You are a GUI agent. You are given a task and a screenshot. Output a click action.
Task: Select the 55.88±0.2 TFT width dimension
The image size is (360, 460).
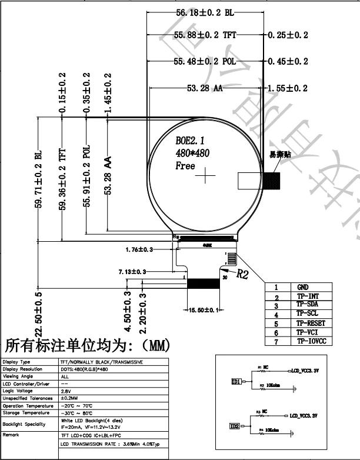(x=205, y=35)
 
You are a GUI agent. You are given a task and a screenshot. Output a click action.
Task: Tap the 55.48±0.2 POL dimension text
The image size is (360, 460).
(x=205, y=61)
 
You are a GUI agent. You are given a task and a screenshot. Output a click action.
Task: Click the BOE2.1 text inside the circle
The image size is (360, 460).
(x=190, y=141)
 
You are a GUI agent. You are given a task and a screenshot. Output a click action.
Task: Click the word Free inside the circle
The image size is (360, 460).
(x=185, y=166)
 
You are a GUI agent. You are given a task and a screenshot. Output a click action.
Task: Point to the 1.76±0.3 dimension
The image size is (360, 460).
(x=139, y=250)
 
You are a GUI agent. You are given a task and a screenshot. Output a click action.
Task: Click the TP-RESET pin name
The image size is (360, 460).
(x=311, y=324)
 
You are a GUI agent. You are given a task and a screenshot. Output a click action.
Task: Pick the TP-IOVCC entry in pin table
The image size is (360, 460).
(x=311, y=341)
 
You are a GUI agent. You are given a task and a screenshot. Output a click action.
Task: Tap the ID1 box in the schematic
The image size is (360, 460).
(x=236, y=382)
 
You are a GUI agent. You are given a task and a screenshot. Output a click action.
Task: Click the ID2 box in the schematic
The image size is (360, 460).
(x=235, y=426)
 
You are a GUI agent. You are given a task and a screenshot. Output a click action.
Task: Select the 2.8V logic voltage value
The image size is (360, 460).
(x=65, y=391)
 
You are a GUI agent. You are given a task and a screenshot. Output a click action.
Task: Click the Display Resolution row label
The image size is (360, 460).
(x=23, y=369)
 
